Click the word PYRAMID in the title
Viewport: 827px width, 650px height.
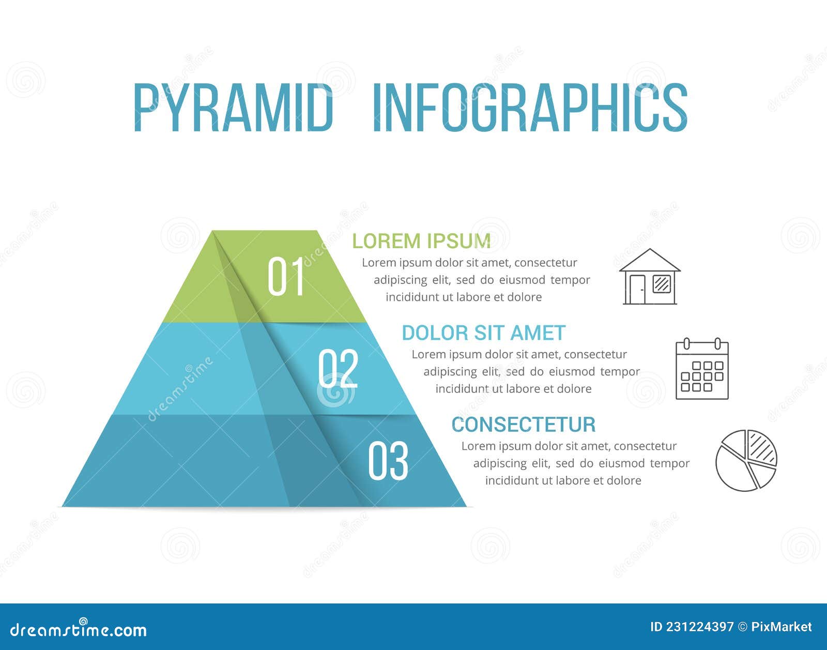click(233, 108)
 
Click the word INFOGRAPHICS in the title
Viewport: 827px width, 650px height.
click(530, 108)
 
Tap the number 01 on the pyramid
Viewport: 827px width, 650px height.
click(286, 277)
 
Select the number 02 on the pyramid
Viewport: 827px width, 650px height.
click(338, 368)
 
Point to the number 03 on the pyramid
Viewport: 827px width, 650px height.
click(388, 460)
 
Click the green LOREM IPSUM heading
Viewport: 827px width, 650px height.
click(421, 241)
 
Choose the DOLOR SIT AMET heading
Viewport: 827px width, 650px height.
click(483, 332)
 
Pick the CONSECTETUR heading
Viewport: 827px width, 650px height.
click(523, 425)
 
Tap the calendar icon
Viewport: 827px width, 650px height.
click(702, 368)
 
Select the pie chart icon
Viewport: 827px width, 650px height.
click(746, 460)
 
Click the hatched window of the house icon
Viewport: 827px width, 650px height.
click(662, 284)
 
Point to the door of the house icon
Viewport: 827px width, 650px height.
click(637, 289)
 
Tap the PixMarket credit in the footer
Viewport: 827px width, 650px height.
click(781, 627)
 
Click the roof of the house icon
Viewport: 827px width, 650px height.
click(650, 259)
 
